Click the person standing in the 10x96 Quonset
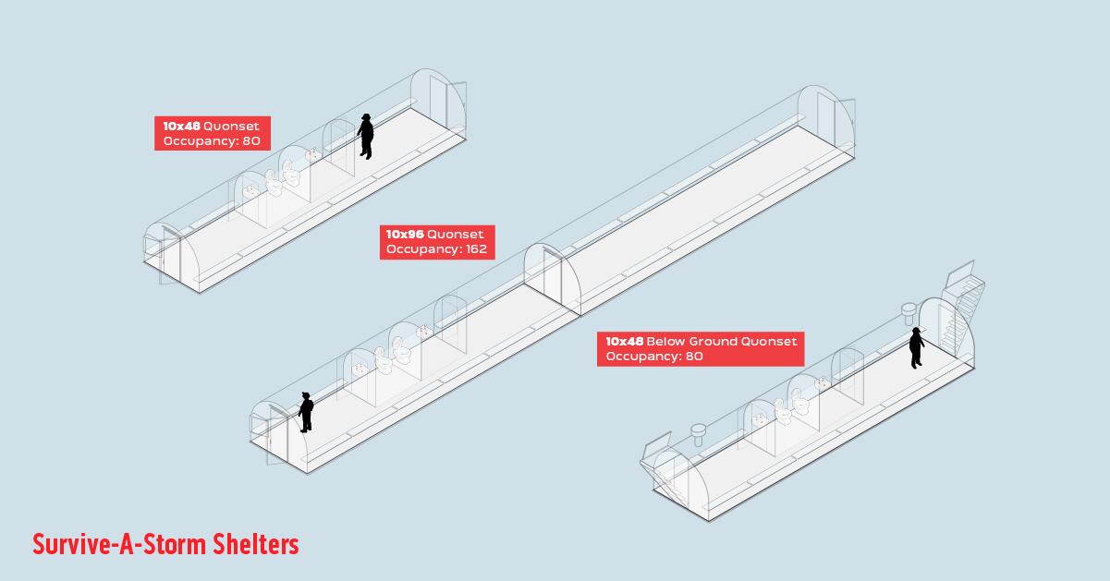pyautogui.click(x=306, y=412)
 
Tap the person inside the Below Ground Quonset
pyautogui.click(x=916, y=347)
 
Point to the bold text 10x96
pyautogui.click(x=405, y=235)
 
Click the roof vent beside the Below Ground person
pyautogui.click(x=909, y=309)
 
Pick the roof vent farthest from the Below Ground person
pyautogui.click(x=699, y=432)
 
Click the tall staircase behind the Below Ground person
pyautogui.click(x=958, y=309)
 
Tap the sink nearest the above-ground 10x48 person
pyautogui.click(x=311, y=156)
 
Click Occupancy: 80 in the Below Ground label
pyautogui.click(x=654, y=357)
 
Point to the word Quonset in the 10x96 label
pyautogui.click(x=455, y=235)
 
